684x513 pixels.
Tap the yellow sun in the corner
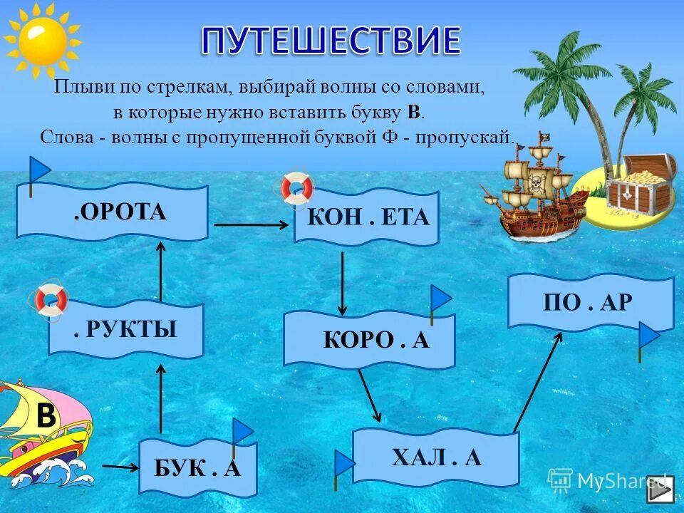pos(42,41)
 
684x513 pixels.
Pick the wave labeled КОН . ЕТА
pos(367,217)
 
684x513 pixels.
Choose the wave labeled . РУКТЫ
pos(126,329)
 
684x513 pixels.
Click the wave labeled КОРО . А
pos(369,339)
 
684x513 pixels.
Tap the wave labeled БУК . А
pos(197,468)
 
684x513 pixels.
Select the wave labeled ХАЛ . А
pos(435,457)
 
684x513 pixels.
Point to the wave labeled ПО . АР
pos(589,303)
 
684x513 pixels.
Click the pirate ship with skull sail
pos(538,189)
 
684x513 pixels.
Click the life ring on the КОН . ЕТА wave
pos(296,187)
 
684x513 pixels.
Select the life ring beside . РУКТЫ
pos(51,300)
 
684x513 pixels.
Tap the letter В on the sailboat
pos(46,416)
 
